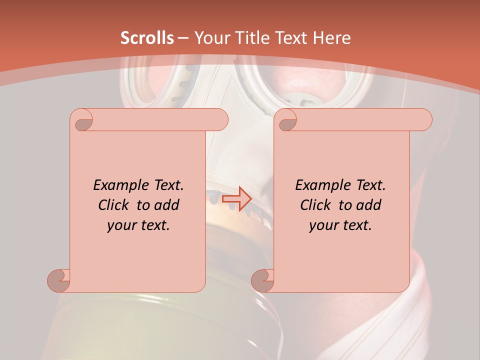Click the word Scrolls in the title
pyautogui.click(x=147, y=38)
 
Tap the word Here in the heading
pyautogui.click(x=331, y=38)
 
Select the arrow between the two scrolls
pyautogui.click(x=236, y=199)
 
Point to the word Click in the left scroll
pyautogui.click(x=114, y=205)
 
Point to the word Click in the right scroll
pyautogui.click(x=316, y=205)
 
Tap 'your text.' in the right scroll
pyautogui.click(x=340, y=225)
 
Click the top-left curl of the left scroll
pyautogui.click(x=82, y=121)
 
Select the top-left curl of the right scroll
pyautogui.click(x=287, y=121)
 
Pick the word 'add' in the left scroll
pyautogui.click(x=167, y=205)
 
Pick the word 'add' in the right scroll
pyautogui.click(x=369, y=205)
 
